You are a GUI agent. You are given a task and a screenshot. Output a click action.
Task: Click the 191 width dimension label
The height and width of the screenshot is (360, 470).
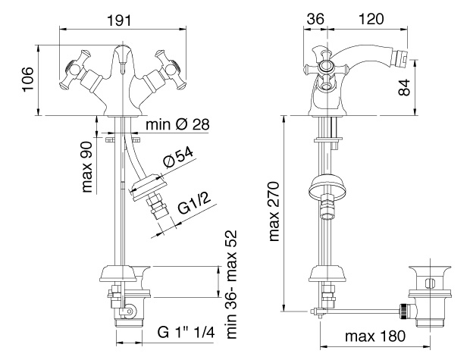pos(119,20)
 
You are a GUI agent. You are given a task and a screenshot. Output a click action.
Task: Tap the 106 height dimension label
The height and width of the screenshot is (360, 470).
pos(28,80)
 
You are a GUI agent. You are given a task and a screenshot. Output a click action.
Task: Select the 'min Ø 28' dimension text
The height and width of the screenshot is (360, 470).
pos(177,124)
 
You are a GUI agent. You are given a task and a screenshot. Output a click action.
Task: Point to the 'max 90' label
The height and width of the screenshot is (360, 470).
pos(87,167)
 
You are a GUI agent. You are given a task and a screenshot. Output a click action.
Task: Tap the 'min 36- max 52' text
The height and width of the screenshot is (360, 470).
pos(231,284)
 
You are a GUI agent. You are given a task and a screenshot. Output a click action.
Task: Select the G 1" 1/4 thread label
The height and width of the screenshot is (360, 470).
pos(186,332)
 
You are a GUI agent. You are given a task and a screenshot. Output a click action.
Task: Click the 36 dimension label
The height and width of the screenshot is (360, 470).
pos(315,19)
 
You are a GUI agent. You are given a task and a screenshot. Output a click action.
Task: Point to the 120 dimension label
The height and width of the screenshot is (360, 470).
pos(371,19)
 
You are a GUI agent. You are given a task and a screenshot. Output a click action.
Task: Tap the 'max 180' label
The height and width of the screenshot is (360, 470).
pos(375,336)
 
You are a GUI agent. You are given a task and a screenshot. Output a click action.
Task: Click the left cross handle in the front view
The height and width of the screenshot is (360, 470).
pos(75,70)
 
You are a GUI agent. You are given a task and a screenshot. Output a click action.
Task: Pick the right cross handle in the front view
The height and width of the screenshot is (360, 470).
pos(170,70)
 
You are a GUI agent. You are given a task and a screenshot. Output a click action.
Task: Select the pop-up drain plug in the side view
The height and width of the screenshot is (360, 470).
pos(430,296)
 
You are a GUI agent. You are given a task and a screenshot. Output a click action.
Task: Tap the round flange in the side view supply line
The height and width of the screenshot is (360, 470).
pos(327,186)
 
